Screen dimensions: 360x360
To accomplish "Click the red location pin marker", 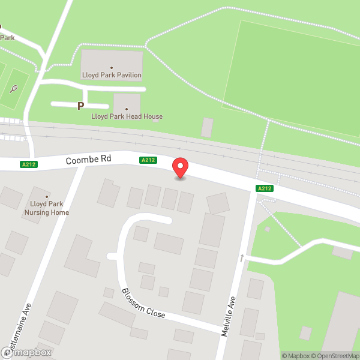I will tap(180, 166).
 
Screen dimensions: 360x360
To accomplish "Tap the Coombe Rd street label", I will tap(89, 159).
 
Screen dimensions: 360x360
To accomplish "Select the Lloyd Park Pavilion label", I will tap(112, 76).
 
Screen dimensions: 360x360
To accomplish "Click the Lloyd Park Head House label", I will tap(127, 116).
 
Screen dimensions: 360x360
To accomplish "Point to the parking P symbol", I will tap(80, 106).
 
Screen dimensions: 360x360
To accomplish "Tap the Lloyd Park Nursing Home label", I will tap(46, 208).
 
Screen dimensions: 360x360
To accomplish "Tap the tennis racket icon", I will tap(13, 90).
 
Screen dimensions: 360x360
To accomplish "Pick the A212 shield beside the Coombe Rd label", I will tap(148, 160).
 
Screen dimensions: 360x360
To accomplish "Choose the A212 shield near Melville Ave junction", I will tap(265, 188).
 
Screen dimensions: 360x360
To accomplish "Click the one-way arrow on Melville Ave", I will tap(242, 258).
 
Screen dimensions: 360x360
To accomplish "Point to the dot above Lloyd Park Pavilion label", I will tap(112, 68).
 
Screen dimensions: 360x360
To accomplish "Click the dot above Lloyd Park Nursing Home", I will tap(46, 196).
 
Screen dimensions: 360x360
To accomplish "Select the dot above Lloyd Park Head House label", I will tap(127, 109).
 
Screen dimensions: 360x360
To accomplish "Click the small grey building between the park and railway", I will tap(207, 127).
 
